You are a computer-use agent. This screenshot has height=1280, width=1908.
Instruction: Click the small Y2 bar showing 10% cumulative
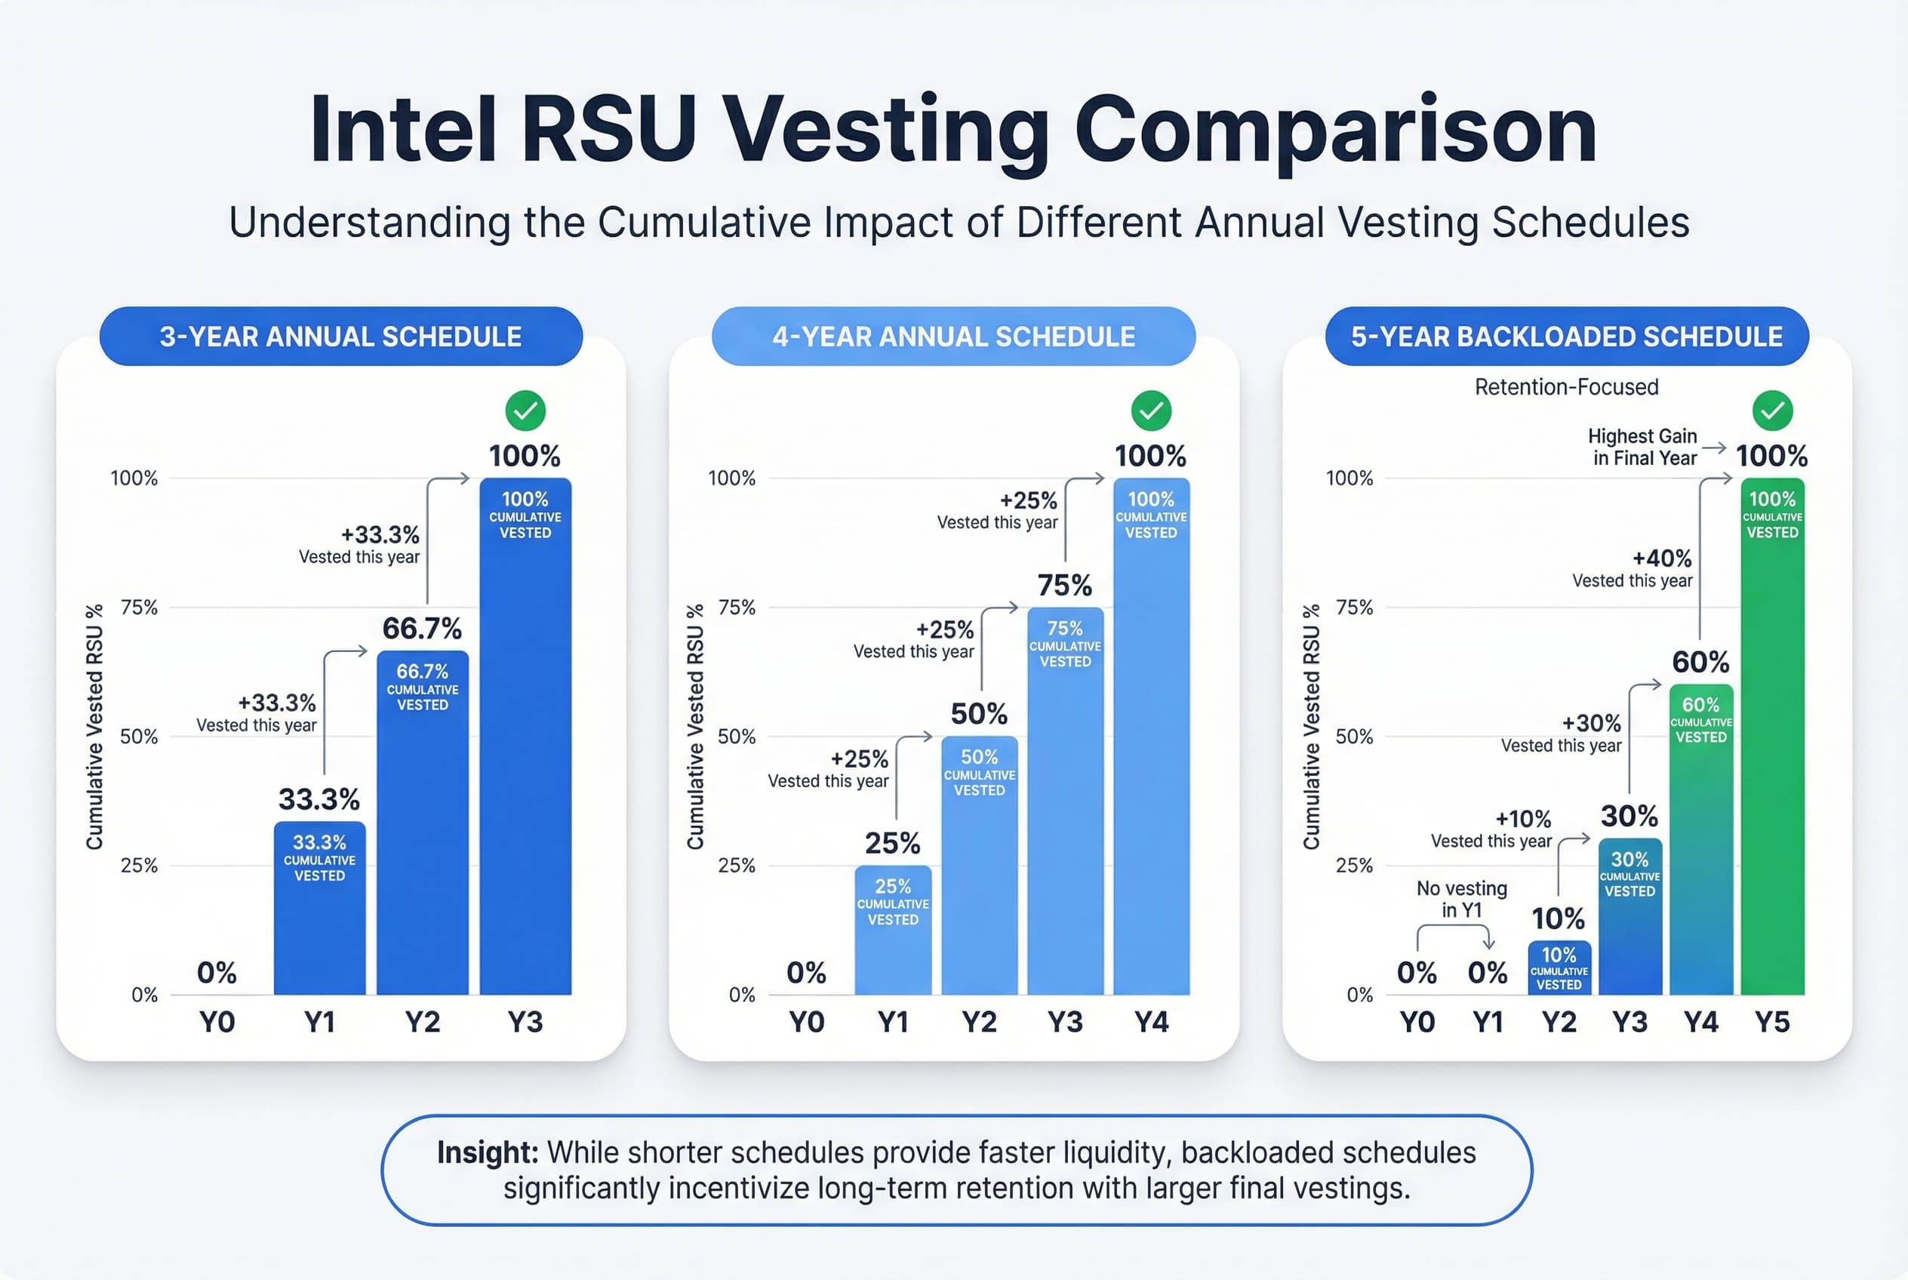[1559, 968]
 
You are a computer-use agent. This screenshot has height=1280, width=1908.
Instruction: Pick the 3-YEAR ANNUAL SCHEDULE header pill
[340, 337]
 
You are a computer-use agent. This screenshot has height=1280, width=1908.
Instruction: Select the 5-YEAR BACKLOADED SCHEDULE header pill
[1566, 337]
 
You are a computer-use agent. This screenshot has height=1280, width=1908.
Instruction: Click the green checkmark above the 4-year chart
[1150, 411]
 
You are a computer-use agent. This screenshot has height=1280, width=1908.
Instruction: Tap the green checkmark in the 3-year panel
[525, 411]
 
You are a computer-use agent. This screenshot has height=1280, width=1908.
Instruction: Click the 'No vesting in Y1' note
[1461, 899]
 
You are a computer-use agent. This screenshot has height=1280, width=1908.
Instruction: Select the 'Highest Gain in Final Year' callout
[1642, 448]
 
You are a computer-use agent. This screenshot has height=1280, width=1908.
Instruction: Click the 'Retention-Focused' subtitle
[1566, 387]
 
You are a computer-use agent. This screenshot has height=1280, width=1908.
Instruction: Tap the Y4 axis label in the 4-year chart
[1150, 1022]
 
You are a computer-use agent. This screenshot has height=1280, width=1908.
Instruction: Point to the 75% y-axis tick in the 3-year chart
[139, 608]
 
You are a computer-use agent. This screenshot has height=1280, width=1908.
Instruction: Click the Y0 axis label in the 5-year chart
[1417, 1022]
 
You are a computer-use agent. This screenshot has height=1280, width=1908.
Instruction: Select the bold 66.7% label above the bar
[422, 629]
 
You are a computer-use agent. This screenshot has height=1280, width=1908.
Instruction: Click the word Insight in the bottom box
[488, 1152]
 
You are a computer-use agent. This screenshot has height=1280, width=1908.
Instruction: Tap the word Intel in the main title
[403, 131]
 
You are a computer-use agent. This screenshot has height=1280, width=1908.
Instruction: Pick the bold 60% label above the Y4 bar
[1700, 662]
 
